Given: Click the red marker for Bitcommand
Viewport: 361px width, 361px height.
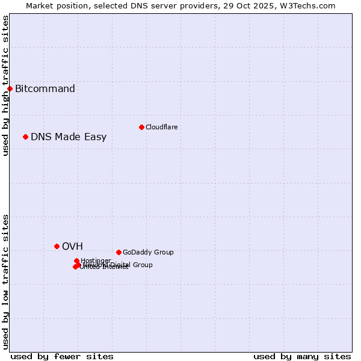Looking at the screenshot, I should [x=10, y=89].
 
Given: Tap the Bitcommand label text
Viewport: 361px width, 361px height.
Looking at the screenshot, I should [x=45, y=89].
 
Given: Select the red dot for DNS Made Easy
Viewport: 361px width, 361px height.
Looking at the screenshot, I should [x=25, y=137].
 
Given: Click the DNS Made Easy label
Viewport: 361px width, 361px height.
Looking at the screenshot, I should [x=69, y=137].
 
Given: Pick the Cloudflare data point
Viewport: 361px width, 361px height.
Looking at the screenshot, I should [x=141, y=127].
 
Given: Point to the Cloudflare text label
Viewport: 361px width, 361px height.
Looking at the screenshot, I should [x=161, y=127].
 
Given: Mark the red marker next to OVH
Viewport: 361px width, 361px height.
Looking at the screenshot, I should [x=57, y=246].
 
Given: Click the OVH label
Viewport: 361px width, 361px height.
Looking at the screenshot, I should [x=72, y=246].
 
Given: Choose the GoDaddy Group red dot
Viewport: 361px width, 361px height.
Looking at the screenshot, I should [x=119, y=252].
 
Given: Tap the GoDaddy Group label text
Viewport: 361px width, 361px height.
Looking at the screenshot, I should [x=148, y=252].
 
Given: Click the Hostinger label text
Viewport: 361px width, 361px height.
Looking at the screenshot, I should [x=96, y=261].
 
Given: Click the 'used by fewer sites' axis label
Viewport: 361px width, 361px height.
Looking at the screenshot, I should [x=62, y=356].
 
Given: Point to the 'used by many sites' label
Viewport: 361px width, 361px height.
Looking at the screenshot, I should [x=302, y=356].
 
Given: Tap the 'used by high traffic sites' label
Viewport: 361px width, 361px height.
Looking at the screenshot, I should [x=5, y=85].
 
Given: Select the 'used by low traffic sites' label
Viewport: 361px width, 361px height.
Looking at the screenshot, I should [x=5, y=282].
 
